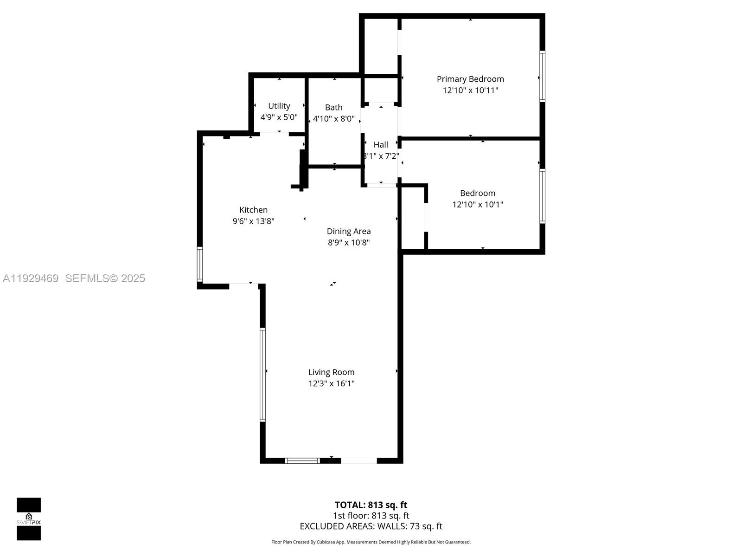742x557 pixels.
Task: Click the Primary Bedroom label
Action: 470,79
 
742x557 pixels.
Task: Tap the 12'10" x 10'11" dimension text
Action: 470,90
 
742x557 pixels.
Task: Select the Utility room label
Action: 279,106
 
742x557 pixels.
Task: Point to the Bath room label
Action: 334,107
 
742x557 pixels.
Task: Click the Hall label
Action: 381,144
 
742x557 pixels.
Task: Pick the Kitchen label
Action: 253,210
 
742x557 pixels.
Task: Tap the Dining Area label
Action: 349,231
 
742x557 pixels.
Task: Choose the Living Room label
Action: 332,372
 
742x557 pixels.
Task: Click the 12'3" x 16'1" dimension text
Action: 332,383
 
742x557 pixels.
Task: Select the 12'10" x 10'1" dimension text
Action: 478,204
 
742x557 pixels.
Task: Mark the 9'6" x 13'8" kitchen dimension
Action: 253,221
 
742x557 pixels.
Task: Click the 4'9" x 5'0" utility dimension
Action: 279,117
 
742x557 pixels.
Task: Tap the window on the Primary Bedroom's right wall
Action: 542,76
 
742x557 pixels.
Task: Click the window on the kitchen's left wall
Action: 200,264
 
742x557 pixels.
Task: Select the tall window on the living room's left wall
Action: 262,374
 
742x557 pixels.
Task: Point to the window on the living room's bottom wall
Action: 302,460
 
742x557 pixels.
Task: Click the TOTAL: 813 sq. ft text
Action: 371,505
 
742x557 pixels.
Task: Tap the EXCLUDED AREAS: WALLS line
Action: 371,526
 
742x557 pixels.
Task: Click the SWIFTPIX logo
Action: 29,519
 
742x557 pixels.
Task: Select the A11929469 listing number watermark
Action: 31,278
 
